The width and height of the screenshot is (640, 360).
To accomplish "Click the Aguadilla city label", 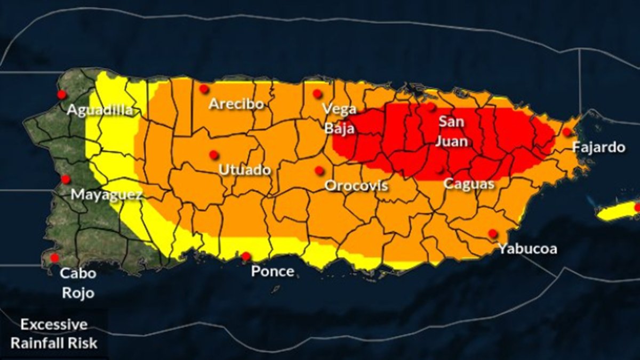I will [100, 110].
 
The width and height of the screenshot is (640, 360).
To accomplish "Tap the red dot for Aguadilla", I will [62, 94].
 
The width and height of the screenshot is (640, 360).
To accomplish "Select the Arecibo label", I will [236, 103].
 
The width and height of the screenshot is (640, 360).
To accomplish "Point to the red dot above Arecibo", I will [204, 89].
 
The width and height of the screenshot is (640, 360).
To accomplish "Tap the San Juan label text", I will [452, 131].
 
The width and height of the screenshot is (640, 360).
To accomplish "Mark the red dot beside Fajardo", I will [567, 132].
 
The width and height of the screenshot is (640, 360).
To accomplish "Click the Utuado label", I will [245, 170].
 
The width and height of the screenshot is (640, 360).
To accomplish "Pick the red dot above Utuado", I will [214, 155].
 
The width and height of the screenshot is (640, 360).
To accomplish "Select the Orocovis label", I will [356, 186].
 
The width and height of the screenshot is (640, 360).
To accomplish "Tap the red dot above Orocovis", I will [319, 171].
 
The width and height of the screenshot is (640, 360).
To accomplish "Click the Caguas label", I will [469, 184].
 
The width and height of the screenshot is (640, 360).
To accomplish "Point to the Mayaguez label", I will [107, 195].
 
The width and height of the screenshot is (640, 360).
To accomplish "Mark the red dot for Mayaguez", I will [66, 179].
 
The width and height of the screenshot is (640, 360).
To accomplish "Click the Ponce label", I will [273, 271].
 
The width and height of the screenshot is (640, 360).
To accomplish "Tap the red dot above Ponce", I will [246, 257].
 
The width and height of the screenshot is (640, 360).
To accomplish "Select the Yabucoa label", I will [527, 249].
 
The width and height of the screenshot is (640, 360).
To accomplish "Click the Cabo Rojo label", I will [78, 283].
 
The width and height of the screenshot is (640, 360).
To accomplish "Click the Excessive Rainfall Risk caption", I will [54, 334].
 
